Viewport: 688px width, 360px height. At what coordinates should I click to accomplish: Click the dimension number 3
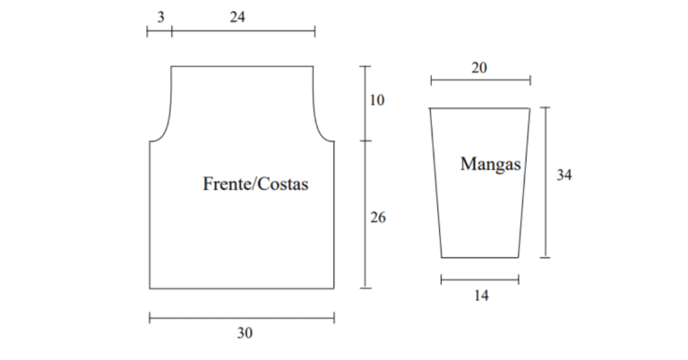tap(160, 17)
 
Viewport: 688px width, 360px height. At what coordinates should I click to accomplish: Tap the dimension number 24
tap(237, 17)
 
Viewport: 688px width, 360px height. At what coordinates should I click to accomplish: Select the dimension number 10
tap(377, 100)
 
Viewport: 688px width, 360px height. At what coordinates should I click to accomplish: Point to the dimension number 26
tap(378, 218)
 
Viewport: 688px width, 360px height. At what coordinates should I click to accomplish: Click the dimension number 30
tap(245, 333)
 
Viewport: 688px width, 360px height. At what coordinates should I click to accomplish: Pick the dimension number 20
tap(479, 68)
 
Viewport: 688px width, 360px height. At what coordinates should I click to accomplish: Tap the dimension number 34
tap(564, 175)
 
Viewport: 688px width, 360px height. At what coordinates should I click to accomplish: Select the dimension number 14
tap(481, 296)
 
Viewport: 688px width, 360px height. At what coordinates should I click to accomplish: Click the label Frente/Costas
tap(255, 184)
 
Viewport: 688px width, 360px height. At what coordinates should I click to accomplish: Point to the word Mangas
tap(491, 165)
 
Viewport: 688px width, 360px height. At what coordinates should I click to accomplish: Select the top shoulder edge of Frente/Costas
tap(242, 66)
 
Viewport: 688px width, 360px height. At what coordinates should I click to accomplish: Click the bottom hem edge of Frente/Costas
tap(242, 288)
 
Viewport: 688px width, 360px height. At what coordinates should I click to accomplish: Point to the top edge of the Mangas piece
tap(479, 107)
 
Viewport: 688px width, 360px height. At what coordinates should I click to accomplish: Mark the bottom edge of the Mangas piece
tap(479, 257)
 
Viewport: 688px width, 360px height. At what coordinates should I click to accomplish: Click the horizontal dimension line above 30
tap(242, 318)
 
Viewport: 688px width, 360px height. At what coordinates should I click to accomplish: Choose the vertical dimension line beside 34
tap(546, 183)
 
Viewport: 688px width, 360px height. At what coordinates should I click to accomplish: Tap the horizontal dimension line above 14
tap(479, 279)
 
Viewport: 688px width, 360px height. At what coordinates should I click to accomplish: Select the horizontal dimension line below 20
tap(480, 81)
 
